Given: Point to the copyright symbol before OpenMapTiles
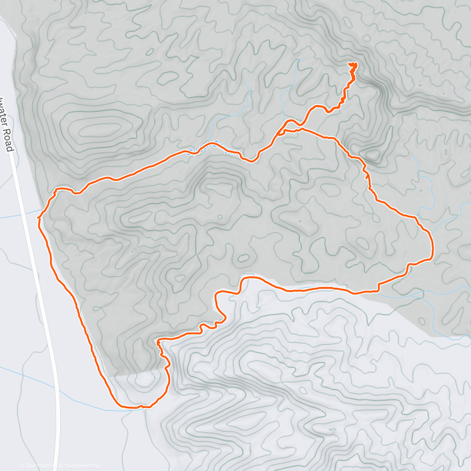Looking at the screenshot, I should (x=22, y=466).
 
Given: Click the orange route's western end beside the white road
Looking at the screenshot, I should (x=38, y=217).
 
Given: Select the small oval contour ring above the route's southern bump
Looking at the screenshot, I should (x=244, y=258).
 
